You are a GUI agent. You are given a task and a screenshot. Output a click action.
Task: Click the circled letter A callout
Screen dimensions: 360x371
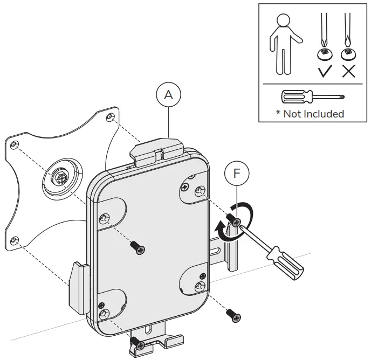(x=169, y=94)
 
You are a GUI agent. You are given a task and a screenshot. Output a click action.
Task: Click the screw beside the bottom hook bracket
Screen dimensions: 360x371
(x=138, y=343)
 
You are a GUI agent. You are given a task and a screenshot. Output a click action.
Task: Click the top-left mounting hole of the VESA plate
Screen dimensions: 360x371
(x=15, y=144)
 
